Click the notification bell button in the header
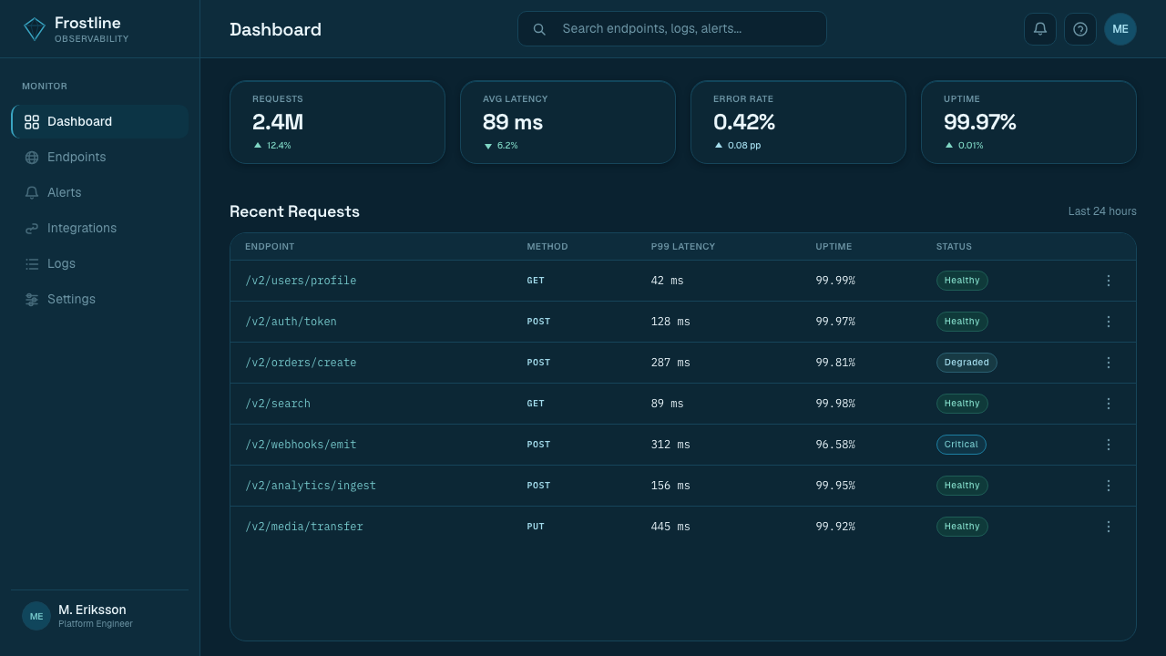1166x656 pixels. coord(1039,29)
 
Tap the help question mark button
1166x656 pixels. coord(1080,29)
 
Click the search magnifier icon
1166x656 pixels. coord(539,29)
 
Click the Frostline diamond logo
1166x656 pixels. coord(35,28)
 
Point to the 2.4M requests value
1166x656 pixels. coord(278,122)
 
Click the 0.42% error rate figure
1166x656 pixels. coord(744,122)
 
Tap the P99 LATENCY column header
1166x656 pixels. coord(683,247)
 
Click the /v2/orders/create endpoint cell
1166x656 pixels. coord(301,363)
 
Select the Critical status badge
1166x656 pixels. coord(961,445)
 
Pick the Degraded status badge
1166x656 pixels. coord(967,363)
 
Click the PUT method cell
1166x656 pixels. coord(535,527)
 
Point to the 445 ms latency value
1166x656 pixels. coord(670,527)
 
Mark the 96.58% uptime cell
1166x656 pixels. coord(835,445)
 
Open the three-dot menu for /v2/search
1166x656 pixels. coord(1109,404)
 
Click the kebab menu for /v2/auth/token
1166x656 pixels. coord(1109,322)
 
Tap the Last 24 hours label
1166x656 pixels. coord(1102,211)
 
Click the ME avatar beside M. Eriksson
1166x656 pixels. coord(36,617)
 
